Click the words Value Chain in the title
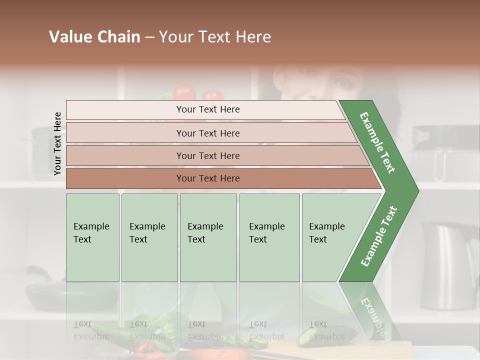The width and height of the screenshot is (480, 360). (x=94, y=37)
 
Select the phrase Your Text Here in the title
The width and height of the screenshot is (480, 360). (x=215, y=37)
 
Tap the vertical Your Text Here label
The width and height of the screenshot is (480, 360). (x=57, y=143)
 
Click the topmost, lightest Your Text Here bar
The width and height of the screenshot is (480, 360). (x=207, y=109)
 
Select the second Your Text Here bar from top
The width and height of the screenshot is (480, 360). (x=207, y=133)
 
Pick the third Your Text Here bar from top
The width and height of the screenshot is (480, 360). (x=207, y=155)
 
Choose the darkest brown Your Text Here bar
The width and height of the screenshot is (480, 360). (x=207, y=178)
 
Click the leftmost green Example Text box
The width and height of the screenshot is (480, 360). (x=92, y=237)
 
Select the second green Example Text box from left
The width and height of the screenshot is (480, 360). (x=149, y=237)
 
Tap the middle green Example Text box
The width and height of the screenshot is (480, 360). (x=208, y=237)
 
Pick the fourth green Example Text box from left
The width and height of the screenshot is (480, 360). (x=269, y=237)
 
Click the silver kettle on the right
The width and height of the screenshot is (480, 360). (x=447, y=265)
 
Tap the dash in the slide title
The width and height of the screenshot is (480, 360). (x=149, y=37)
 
